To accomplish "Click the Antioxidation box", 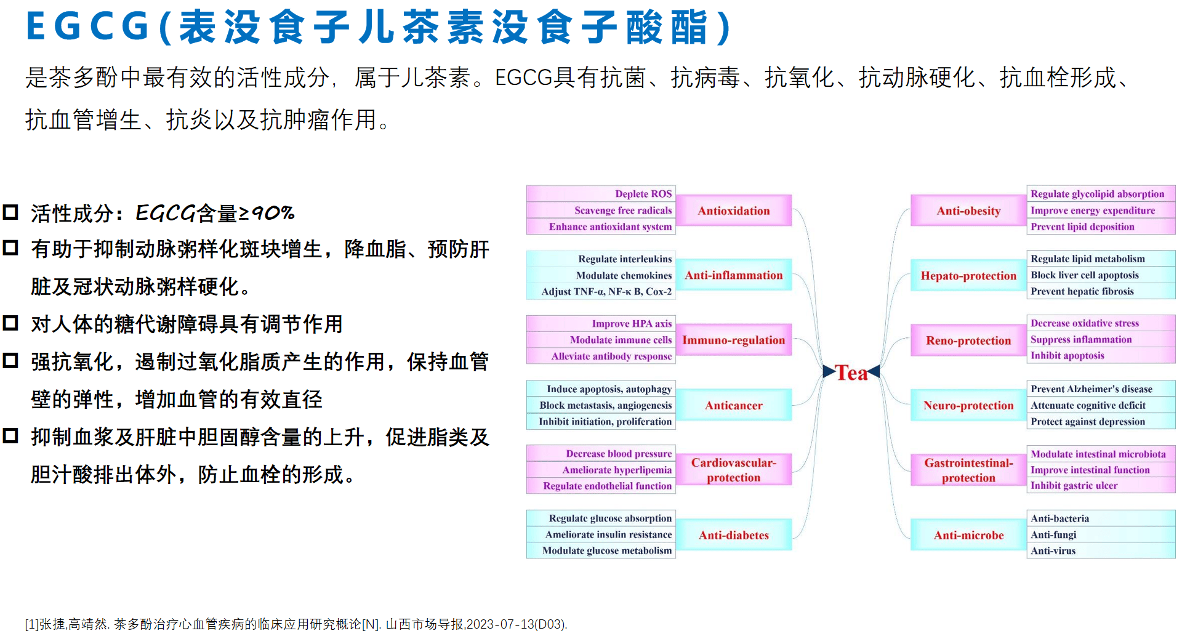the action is point(734,211).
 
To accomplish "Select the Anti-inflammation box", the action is point(734,275).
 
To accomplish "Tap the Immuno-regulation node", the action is point(734,340).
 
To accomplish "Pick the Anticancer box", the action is point(734,405).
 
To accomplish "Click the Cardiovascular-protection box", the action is point(734,470).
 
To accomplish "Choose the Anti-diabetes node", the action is point(734,535).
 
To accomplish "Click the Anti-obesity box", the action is point(968,211).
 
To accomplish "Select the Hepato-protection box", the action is point(968,275).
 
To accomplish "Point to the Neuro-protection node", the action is point(968,405).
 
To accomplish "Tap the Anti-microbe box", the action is point(968,535).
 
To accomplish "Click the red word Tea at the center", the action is point(851,372).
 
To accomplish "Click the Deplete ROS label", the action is point(643,194).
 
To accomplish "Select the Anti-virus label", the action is point(1053,550).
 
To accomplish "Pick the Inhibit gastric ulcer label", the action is point(1074,485).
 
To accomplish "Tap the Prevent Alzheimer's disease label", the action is point(1092,388).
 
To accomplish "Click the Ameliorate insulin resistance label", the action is point(608,534).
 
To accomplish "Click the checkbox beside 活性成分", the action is point(10,212).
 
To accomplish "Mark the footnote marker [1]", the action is point(32,624).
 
